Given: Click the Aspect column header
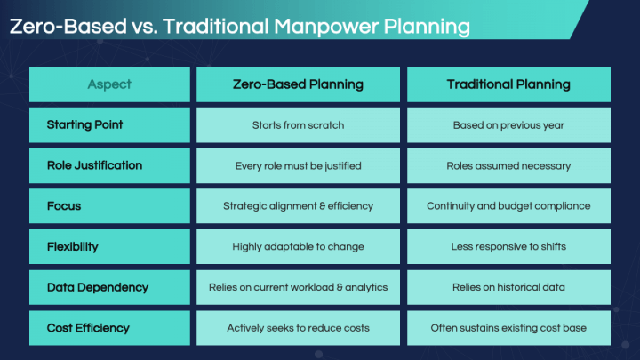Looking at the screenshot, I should click(x=109, y=84).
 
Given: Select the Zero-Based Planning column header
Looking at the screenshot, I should click(x=298, y=84).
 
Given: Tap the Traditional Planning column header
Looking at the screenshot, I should click(x=508, y=84).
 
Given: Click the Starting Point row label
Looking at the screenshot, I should click(x=85, y=125).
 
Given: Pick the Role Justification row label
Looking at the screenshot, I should click(x=94, y=165).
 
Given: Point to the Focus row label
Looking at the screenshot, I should click(x=64, y=206).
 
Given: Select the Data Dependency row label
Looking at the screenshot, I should click(x=98, y=287).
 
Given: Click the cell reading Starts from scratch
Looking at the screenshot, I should click(x=298, y=125).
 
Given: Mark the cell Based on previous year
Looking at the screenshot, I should click(x=508, y=125).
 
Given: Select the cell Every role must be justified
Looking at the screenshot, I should click(x=298, y=165).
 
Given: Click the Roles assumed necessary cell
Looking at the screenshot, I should click(x=508, y=165).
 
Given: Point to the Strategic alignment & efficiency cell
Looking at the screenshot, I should click(x=298, y=206).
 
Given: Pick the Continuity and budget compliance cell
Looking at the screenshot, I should click(x=508, y=206).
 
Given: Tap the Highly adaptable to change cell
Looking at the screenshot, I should click(x=298, y=246).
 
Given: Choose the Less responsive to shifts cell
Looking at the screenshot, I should click(x=508, y=246).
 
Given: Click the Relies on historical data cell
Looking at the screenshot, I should click(x=508, y=287).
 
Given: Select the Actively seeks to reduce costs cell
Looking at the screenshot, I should click(x=298, y=328).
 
